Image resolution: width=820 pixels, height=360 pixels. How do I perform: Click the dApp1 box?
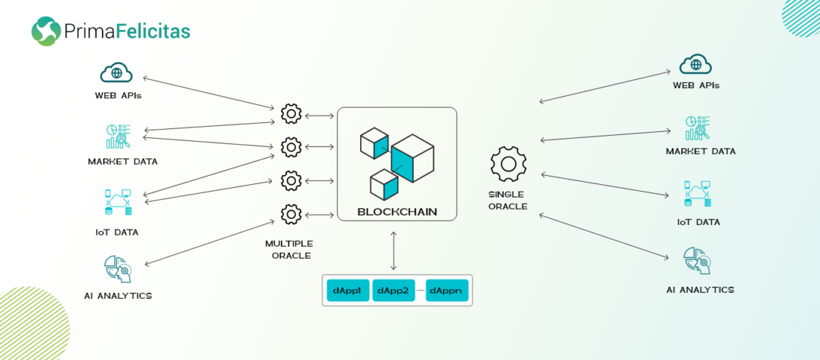coord(348,290)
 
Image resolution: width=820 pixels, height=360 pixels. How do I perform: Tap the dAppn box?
coord(447,290)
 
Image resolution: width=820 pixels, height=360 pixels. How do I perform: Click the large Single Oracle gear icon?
coord(508,164)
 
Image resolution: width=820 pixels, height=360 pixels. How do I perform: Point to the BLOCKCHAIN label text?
coord(397,212)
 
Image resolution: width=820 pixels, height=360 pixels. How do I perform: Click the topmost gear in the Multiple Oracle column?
coord(291,114)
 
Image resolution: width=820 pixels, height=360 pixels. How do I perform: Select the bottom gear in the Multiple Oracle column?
coord(291,215)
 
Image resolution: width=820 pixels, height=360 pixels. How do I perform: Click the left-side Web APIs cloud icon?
coord(116,73)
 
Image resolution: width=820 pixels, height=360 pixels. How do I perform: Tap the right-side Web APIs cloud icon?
coord(696,64)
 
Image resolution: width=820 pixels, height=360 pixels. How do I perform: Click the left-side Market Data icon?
coord(118,137)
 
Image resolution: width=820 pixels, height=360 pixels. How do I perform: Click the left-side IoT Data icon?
coord(117,203)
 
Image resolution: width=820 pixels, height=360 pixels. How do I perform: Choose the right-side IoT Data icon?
coord(697,194)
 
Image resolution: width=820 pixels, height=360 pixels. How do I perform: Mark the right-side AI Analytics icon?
coord(697,261)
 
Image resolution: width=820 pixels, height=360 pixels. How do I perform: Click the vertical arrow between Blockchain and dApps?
coord(394,250)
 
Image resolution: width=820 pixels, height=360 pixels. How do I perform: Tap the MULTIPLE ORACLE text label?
coord(289,249)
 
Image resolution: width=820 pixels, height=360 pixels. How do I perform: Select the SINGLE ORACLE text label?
coord(508,200)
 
